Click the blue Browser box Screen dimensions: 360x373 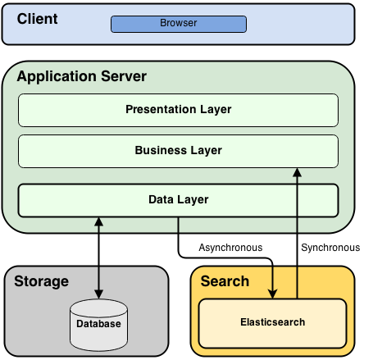178,24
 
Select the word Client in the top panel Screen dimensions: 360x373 37,19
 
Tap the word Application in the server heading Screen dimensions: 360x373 55,77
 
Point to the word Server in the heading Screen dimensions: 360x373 121,77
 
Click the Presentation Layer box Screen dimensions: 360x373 178,110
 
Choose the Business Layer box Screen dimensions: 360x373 178,151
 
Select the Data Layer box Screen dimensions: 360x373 178,199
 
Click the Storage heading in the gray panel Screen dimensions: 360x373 41,281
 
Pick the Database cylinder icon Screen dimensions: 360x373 99,323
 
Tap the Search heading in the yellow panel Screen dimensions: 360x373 225,281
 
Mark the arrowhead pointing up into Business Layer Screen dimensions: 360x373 297,172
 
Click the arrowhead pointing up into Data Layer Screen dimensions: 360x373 99,221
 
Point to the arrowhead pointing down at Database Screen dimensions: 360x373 99,294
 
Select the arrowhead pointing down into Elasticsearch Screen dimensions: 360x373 272,294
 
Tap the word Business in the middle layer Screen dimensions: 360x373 157,151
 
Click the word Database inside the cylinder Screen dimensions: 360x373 99,325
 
